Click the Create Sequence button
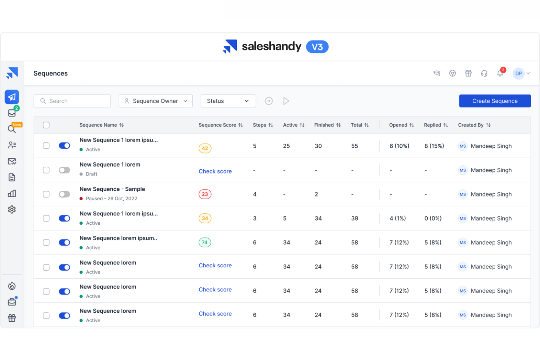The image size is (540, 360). point(494,101)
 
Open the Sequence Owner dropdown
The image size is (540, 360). point(155,101)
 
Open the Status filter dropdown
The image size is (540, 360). point(228,101)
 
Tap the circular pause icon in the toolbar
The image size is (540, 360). point(269,101)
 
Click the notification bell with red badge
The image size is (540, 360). point(500,73)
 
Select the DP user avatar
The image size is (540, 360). point(518,73)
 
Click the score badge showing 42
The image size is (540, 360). point(205,148)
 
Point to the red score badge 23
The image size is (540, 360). point(205,194)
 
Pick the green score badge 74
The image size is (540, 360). point(205,242)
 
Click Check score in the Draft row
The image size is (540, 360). point(215,171)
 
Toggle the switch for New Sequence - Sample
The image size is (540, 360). point(65,194)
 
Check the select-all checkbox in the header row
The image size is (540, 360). point(46,125)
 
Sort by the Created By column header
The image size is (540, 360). point(474,125)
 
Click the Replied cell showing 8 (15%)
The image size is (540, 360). point(434,146)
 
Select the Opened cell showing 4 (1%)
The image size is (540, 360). point(398,218)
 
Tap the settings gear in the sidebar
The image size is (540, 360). point(12,209)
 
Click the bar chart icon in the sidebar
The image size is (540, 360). point(12,193)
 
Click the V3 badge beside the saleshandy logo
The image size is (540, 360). point(317,47)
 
